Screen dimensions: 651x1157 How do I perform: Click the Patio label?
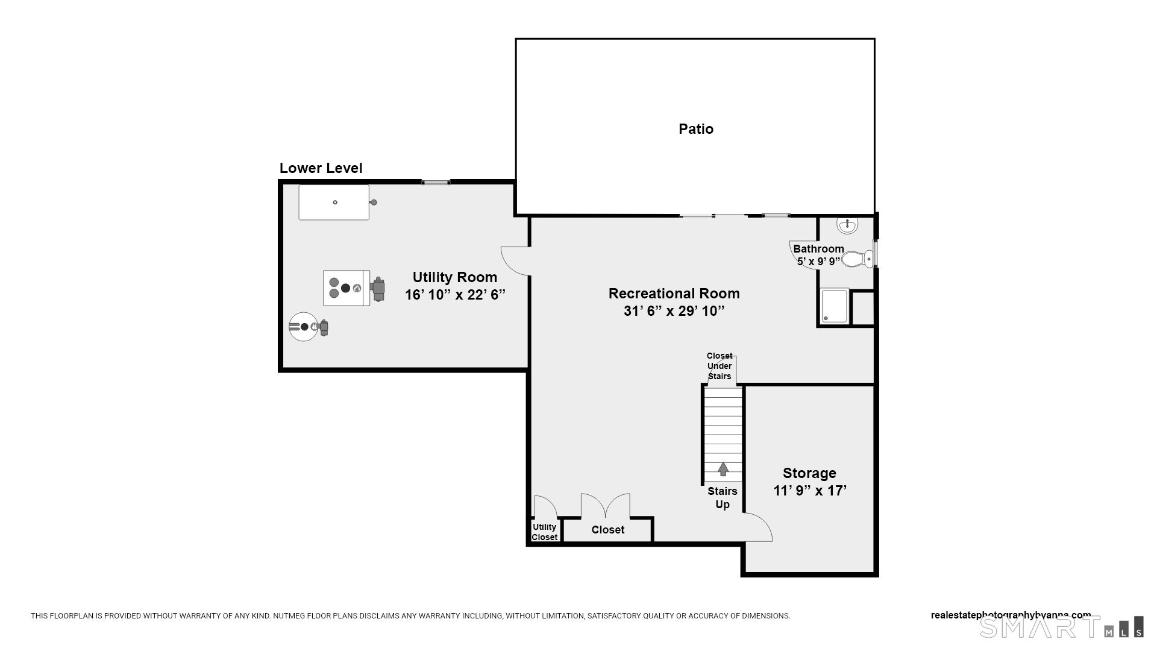pos(696,129)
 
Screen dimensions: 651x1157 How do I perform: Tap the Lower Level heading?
pos(321,168)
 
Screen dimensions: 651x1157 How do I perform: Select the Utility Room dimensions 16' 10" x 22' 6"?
pos(455,295)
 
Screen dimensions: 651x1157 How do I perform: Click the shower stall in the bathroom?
pos(835,307)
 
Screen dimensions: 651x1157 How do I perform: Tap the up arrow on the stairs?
pos(723,468)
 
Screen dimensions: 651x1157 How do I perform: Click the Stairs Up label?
pos(723,498)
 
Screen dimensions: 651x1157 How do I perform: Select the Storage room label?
pos(809,473)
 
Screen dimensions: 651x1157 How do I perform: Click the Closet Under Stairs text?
pos(720,366)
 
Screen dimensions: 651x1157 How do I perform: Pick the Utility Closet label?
pos(544,532)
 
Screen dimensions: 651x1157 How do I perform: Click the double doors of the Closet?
pos(606,506)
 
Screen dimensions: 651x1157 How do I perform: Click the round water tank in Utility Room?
pos(303,327)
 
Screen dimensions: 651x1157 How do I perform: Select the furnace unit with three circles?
pos(346,288)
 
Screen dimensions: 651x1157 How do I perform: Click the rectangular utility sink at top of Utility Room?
pos(334,203)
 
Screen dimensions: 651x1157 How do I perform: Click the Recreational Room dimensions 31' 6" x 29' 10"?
pos(674,311)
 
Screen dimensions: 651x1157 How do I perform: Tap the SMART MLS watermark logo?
pos(1061,627)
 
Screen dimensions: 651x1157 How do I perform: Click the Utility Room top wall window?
pos(436,182)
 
